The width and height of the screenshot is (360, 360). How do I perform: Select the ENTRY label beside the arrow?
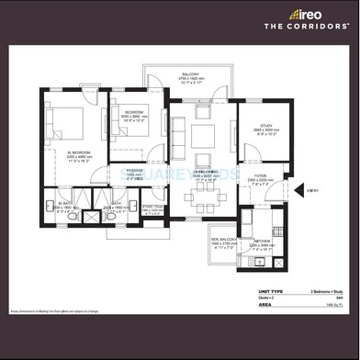pyautogui.click(x=313, y=190)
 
